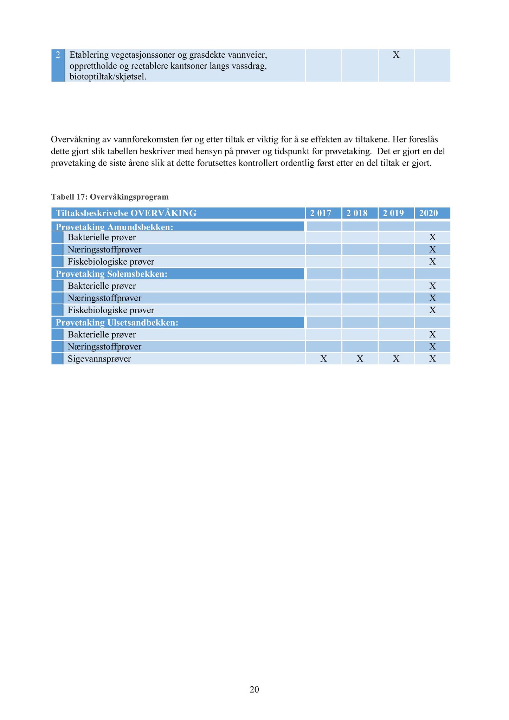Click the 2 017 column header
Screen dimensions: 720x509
(x=321, y=213)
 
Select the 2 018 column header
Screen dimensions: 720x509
(x=357, y=213)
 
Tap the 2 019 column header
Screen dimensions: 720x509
(x=393, y=213)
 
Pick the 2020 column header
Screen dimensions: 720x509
(x=429, y=213)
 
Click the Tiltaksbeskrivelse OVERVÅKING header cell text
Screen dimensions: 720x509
(x=126, y=213)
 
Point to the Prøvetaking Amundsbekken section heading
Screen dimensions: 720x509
(x=115, y=227)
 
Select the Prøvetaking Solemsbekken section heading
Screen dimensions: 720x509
(x=111, y=274)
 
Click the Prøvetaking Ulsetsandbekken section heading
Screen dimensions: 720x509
(x=117, y=322)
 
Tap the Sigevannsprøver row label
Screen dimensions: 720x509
(x=99, y=359)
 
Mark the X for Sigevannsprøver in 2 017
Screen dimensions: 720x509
(x=324, y=359)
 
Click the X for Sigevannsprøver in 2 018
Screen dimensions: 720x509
(x=360, y=359)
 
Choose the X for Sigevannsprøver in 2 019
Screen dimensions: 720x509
(x=396, y=359)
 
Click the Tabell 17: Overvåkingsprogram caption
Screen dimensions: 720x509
(x=110, y=197)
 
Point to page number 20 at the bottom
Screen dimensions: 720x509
(x=254, y=689)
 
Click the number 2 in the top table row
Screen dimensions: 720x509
(x=58, y=55)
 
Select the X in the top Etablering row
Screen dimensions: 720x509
(x=396, y=55)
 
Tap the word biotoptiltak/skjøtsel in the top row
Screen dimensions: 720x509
(x=108, y=77)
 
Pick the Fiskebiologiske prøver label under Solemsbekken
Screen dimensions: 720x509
(x=111, y=310)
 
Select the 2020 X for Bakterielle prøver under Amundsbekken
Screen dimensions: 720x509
(x=432, y=237)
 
